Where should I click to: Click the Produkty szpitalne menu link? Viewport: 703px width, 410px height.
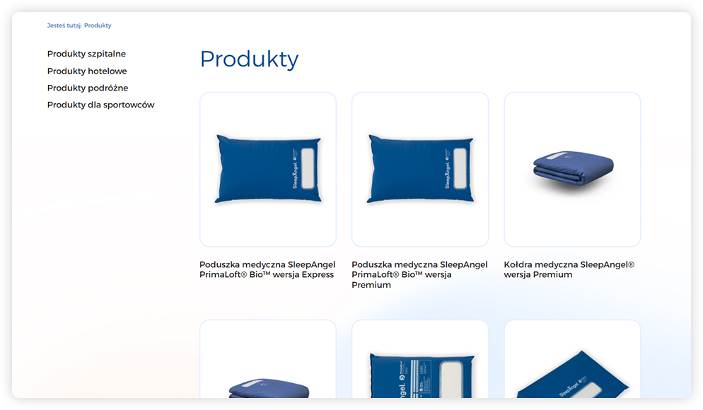pyautogui.click(x=86, y=54)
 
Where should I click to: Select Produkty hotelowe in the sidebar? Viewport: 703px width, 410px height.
pyautogui.click(x=87, y=71)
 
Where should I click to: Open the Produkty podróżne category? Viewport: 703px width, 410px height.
pyautogui.click(x=88, y=88)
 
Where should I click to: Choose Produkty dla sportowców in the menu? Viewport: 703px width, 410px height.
pyautogui.click(x=101, y=105)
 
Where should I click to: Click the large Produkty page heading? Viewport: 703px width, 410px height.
pyautogui.click(x=249, y=59)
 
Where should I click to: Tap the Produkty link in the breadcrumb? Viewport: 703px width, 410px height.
pyautogui.click(x=98, y=25)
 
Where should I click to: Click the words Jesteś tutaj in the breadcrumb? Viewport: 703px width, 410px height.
pyautogui.click(x=64, y=25)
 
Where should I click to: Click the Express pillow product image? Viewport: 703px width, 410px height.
pyautogui.click(x=268, y=169)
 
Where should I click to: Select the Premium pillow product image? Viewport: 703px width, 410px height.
pyautogui.click(x=420, y=169)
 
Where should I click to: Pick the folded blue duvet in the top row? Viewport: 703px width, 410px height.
pyautogui.click(x=573, y=168)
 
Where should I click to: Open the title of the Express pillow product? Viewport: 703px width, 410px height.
pyautogui.click(x=267, y=270)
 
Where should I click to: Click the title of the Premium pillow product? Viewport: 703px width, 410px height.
pyautogui.click(x=419, y=275)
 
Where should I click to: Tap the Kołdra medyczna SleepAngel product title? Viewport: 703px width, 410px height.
pyautogui.click(x=569, y=270)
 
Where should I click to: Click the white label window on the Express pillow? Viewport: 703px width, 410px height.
pyautogui.click(x=308, y=168)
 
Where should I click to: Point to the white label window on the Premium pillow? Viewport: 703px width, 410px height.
pyautogui.click(x=460, y=168)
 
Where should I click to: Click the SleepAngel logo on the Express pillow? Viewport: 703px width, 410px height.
pyautogui.click(x=295, y=174)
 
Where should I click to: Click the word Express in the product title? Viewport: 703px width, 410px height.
pyautogui.click(x=318, y=275)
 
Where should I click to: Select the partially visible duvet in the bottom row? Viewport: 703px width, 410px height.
pyautogui.click(x=269, y=388)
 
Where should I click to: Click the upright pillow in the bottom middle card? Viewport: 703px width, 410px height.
pyautogui.click(x=422, y=375)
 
